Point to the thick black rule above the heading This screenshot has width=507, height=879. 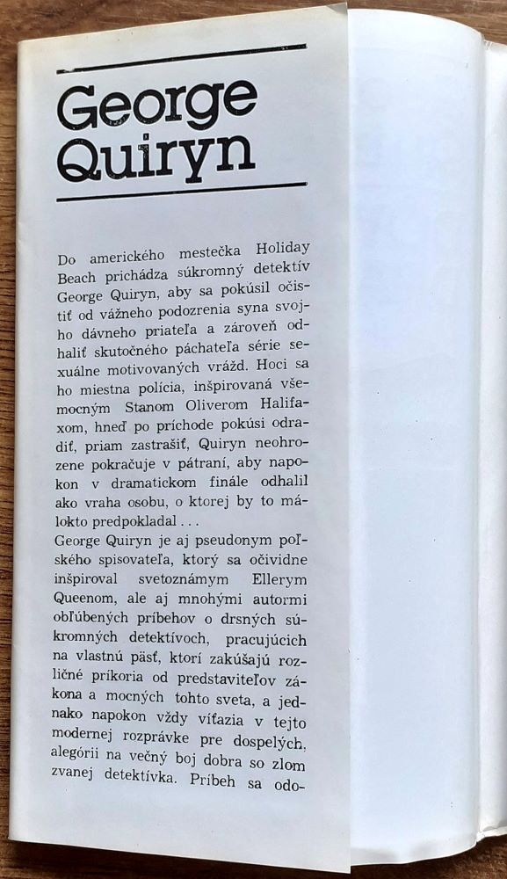pos(180,54)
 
